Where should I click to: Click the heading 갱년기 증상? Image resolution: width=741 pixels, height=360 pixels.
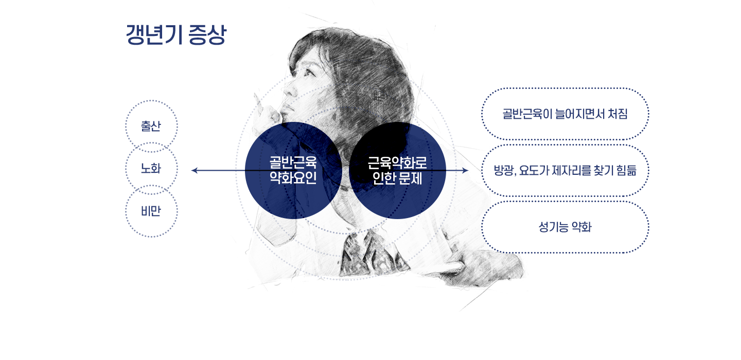(x=177, y=34)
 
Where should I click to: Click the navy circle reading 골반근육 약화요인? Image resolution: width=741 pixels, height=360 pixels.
(x=293, y=171)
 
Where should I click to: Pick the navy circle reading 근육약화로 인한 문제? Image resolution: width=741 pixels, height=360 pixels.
(x=397, y=171)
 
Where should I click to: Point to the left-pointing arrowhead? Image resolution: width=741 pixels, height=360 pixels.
(x=194, y=171)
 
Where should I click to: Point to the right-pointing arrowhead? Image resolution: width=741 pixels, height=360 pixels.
(x=466, y=171)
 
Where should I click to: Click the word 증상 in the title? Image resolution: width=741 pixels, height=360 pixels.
(x=207, y=34)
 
